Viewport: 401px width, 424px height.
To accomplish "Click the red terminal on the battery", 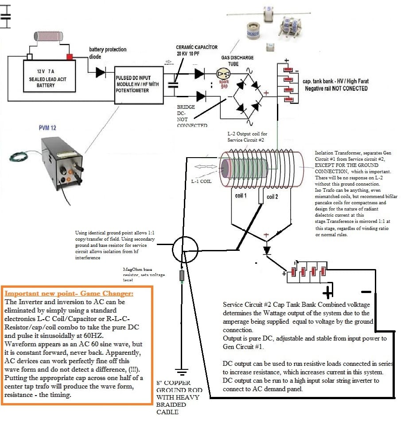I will [x=70, y=57].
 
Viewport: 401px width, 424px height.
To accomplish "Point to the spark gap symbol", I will [x=221, y=74].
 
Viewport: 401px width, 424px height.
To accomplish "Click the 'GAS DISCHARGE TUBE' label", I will [x=237, y=60].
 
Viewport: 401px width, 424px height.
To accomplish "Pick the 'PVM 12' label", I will [x=48, y=128].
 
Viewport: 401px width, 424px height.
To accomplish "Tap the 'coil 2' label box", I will [x=272, y=197].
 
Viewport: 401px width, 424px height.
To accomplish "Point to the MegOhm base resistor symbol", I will [x=181, y=276].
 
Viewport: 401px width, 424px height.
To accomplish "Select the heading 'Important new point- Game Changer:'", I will [x=69, y=293].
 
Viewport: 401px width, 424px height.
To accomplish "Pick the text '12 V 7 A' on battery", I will [x=46, y=71].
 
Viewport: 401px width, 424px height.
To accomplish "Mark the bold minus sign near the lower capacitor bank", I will [x=366, y=292].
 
